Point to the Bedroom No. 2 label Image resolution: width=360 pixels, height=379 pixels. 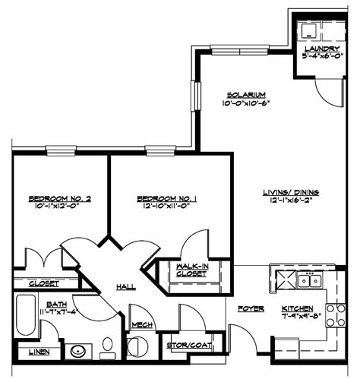(x=60, y=199)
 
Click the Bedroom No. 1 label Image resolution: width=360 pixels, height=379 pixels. (x=167, y=199)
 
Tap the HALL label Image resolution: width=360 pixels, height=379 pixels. (x=126, y=286)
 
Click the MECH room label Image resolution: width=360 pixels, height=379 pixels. (x=141, y=325)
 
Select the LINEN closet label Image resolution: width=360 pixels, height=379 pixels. (x=40, y=352)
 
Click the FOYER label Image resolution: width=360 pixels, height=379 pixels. (x=250, y=309)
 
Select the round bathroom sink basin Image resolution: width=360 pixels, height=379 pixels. (x=77, y=352)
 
